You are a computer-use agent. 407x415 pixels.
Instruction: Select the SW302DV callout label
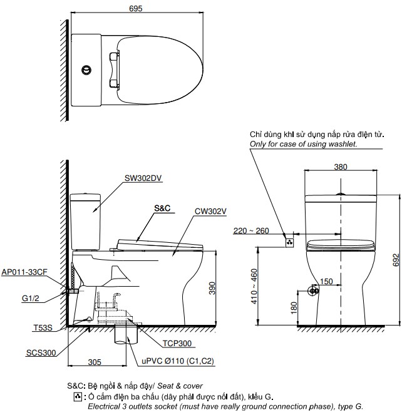point(143,178)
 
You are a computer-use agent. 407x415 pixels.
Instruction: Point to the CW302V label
point(210,212)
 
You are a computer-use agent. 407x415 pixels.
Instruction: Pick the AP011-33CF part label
point(24,272)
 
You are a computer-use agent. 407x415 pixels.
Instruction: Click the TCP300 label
point(177,343)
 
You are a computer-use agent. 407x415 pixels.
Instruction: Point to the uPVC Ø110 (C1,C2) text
point(177,362)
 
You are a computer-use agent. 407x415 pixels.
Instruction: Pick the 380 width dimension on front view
point(340,167)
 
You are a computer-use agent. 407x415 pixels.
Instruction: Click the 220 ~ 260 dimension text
point(251,231)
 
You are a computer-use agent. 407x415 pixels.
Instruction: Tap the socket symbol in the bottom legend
point(77,397)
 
